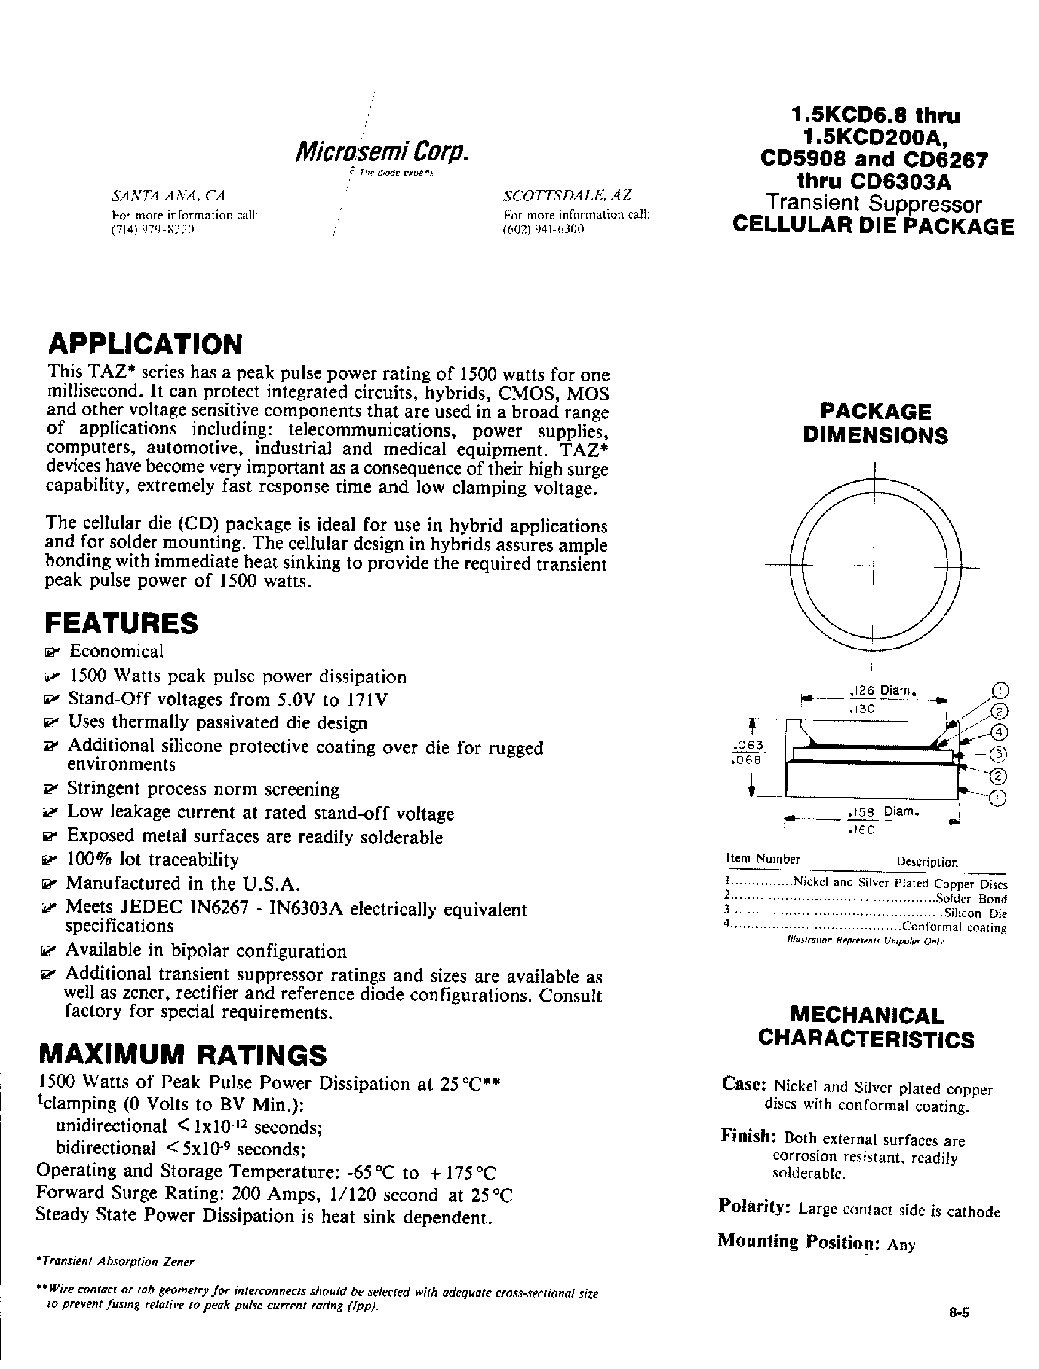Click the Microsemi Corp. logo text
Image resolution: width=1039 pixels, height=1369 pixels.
pyautogui.click(x=382, y=152)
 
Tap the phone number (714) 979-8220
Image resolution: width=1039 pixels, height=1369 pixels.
pyautogui.click(x=153, y=229)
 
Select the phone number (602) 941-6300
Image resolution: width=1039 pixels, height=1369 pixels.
pyautogui.click(x=544, y=229)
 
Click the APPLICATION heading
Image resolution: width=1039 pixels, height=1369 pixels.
pyautogui.click(x=145, y=344)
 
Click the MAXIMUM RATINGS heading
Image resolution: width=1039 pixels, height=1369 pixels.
pyautogui.click(x=182, y=1055)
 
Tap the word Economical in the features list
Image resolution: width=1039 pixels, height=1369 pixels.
pyautogui.click(x=116, y=651)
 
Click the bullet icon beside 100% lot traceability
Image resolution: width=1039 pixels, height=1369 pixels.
pyautogui.click(x=48, y=861)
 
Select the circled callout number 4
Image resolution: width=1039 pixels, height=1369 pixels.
pyautogui.click(x=998, y=732)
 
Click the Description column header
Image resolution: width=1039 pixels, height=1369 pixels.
pyautogui.click(x=927, y=862)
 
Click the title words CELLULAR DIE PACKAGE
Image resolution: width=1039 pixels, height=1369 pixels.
pyautogui.click(x=873, y=227)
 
